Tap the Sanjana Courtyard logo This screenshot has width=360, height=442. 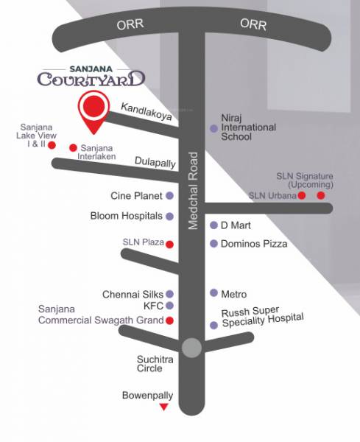92,73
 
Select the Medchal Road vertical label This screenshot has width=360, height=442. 194,191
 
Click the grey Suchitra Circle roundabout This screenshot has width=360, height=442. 191,348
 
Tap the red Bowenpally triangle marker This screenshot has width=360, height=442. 164,407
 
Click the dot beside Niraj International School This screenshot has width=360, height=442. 213,128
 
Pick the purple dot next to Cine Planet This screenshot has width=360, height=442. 169,196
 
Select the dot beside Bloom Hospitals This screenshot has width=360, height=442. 169,217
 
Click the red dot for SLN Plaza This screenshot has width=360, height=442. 169,244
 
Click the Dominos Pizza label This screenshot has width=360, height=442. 254,244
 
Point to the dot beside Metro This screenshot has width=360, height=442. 213,292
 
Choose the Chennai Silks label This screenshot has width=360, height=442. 133,294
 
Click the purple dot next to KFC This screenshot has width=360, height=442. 169,306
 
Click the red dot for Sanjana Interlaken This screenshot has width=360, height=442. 72,147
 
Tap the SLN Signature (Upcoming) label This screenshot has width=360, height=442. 304,180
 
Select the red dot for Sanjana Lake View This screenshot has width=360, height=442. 52,145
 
